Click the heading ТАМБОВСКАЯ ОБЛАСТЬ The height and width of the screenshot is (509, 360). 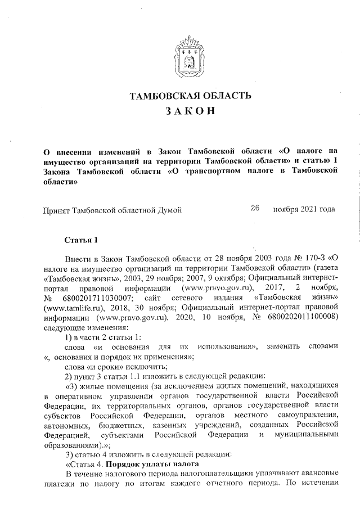(190, 96)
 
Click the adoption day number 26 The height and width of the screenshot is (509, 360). (254, 209)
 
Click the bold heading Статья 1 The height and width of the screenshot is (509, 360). (82, 241)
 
